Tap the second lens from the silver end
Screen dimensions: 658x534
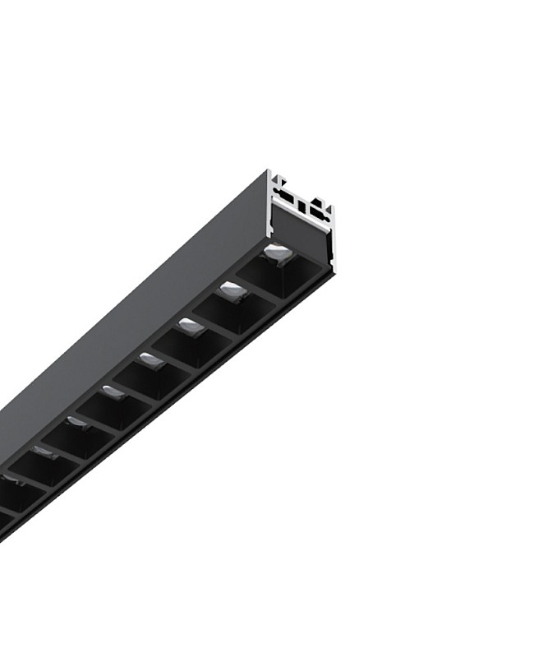click(232, 288)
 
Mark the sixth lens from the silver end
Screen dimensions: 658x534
click(77, 422)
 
